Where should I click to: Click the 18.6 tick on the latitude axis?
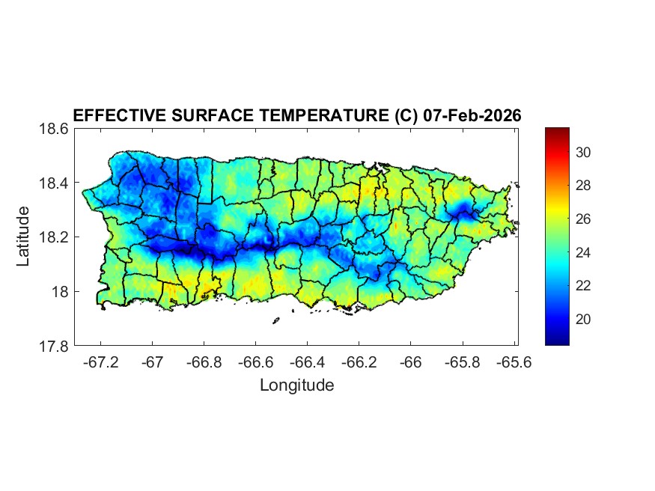click(x=53, y=129)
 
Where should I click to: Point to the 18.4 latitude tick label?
click(x=53, y=183)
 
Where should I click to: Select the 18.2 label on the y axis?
click(x=53, y=238)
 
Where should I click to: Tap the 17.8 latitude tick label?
click(x=53, y=347)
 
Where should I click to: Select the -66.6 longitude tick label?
click(x=255, y=362)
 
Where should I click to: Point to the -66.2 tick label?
click(x=359, y=362)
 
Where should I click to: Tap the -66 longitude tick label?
click(x=411, y=362)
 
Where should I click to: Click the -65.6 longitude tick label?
click(x=514, y=362)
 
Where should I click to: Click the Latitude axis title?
click(x=24, y=237)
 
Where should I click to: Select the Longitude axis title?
click(x=296, y=385)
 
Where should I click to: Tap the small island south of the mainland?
click(x=275, y=320)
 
